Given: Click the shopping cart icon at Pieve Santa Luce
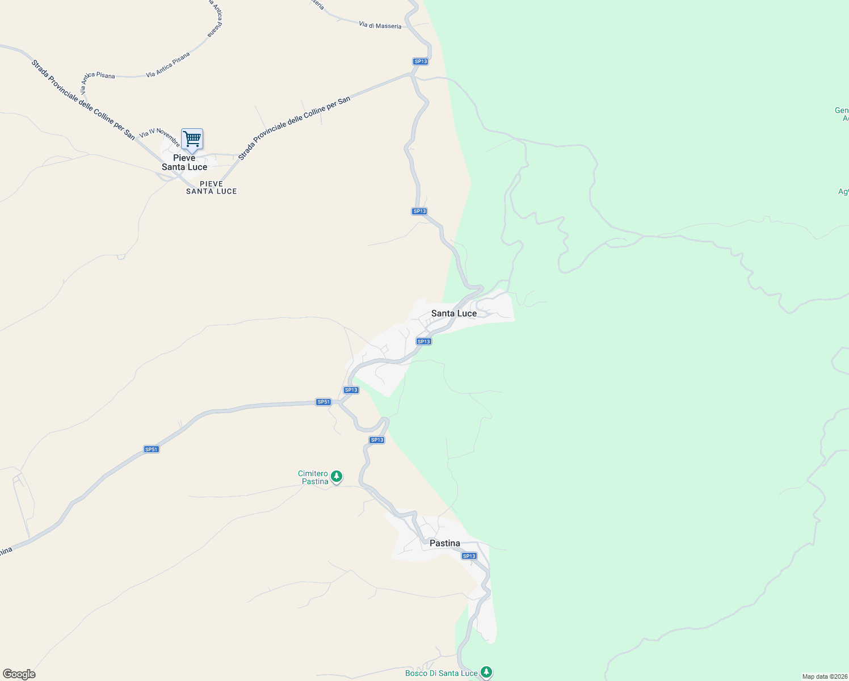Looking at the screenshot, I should (192, 138).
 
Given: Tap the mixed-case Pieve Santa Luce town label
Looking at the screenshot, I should (184, 162).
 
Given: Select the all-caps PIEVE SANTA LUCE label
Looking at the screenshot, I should (211, 188).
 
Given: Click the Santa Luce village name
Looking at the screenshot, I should (454, 313).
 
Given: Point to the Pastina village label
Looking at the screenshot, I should (445, 543).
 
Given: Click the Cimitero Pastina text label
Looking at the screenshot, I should (313, 477).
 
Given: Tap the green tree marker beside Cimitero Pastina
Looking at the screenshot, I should (337, 476).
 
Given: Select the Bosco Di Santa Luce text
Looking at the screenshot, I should (441, 673).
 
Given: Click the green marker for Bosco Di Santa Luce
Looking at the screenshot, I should (486, 672).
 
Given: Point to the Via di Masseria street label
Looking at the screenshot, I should (380, 26).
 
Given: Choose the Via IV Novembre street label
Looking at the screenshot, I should (160, 136).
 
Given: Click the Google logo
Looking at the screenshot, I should (19, 674).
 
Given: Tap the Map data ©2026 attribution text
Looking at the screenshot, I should (825, 676).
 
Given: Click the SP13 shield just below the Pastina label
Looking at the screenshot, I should (469, 556).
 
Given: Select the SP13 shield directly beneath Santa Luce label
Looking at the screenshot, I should (424, 342).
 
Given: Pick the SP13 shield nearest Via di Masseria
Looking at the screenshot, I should (421, 61).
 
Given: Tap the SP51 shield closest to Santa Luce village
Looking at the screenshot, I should (323, 402).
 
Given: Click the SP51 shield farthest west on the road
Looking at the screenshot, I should (152, 449).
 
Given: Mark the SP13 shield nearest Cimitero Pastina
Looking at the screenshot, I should (377, 440).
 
